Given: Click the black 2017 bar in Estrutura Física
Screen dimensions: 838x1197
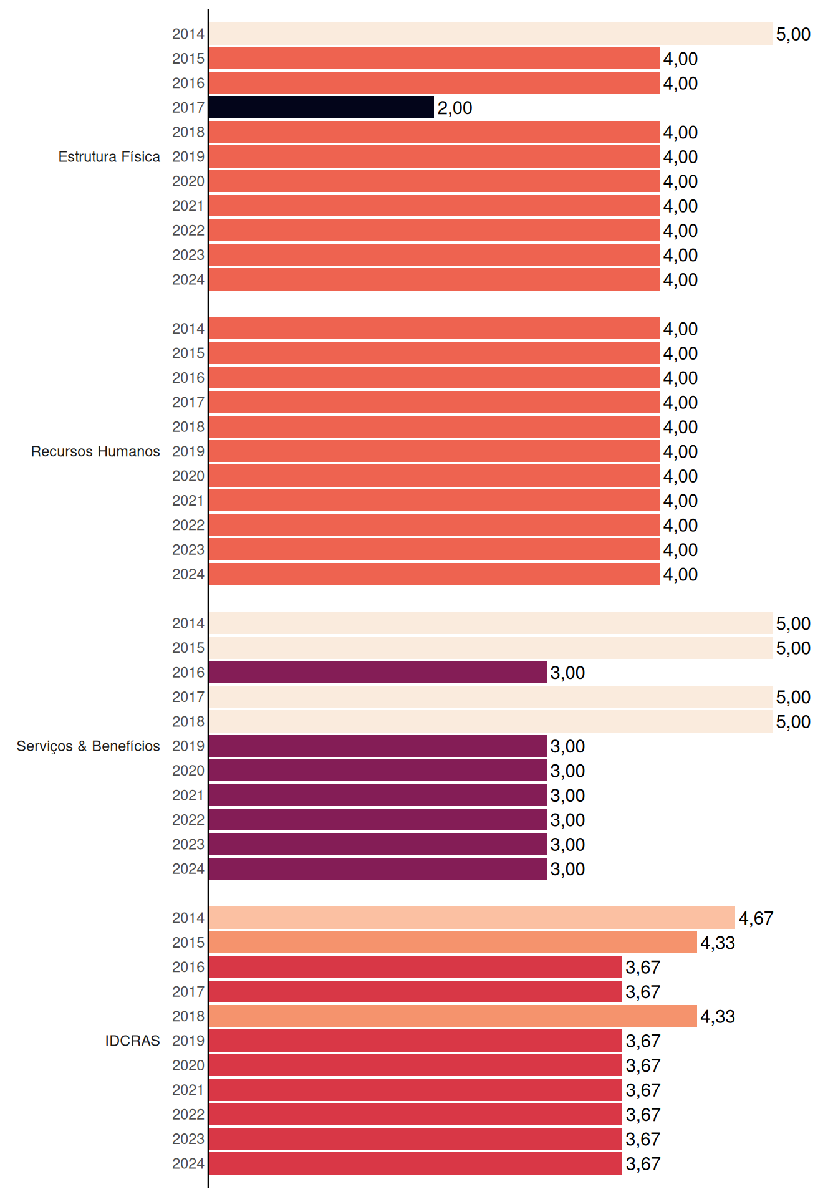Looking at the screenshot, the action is (x=321, y=107).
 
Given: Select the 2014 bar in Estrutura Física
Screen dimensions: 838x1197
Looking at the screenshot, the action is (x=490, y=34).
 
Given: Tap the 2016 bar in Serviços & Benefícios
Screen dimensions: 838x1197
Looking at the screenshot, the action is (x=378, y=672).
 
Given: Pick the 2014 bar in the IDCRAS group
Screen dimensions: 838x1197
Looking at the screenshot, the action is (x=472, y=918).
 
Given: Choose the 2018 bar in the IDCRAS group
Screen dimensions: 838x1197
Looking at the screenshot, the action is (x=453, y=1016).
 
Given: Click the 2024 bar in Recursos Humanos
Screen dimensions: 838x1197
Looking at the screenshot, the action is (x=434, y=574).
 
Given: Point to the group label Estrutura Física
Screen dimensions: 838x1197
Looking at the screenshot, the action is (x=109, y=156).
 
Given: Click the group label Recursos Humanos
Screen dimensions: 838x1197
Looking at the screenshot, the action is (x=95, y=451).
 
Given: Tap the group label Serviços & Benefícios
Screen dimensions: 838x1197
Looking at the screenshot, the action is (x=88, y=746).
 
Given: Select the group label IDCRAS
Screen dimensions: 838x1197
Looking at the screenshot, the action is (x=132, y=1041).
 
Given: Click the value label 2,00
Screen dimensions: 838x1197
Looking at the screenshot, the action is (x=455, y=108).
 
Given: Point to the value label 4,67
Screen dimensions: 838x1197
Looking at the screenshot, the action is (x=756, y=918).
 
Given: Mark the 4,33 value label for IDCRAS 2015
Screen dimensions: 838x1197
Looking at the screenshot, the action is (x=718, y=943).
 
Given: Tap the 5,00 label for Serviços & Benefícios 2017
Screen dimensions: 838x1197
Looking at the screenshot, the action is (x=793, y=697).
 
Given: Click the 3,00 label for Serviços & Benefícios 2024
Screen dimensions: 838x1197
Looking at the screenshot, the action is (x=567, y=869).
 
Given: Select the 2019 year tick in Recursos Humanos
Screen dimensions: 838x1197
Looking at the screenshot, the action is (x=188, y=451).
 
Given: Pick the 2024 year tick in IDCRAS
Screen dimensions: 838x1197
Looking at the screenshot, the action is (x=188, y=1163).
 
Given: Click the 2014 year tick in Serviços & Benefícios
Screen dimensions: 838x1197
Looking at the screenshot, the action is (x=188, y=623).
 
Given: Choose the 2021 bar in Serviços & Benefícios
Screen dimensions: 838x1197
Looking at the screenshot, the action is (x=378, y=795).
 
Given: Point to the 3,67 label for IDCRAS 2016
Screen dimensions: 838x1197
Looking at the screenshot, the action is (x=643, y=968).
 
